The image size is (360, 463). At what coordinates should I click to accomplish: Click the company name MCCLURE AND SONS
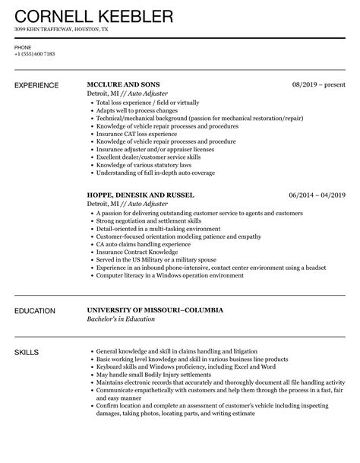(125, 84)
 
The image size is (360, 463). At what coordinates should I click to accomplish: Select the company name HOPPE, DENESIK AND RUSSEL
(141, 195)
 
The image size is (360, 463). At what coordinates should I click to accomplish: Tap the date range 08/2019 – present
(319, 84)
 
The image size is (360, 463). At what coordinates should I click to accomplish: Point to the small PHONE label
(23, 46)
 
